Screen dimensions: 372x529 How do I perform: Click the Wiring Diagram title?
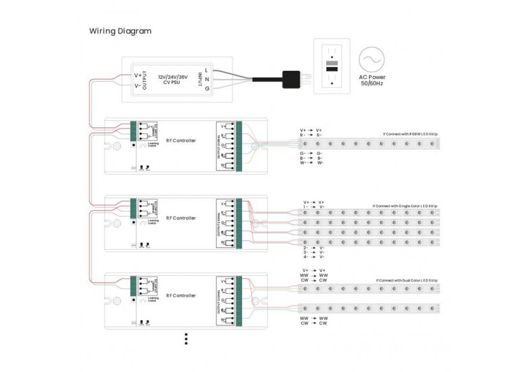pyautogui.click(x=120, y=31)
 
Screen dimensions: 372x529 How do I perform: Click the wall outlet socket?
pyautogui.click(x=333, y=67)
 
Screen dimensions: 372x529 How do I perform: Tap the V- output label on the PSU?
pyautogui.click(x=138, y=85)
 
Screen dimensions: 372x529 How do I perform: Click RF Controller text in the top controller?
pyautogui.click(x=180, y=140)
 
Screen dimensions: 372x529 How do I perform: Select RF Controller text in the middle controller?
pyautogui.click(x=180, y=218)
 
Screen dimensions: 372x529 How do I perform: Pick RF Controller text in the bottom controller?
pyautogui.click(x=180, y=296)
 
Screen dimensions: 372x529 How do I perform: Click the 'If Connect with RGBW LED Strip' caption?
pyautogui.click(x=411, y=134)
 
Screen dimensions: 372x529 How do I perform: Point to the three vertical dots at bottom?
pyautogui.click(x=186, y=338)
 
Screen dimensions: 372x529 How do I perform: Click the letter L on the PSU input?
pyautogui.click(x=207, y=69)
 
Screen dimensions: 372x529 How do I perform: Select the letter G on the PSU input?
pyautogui.click(x=207, y=89)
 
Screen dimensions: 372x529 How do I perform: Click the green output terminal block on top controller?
pyautogui.click(x=230, y=148)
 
